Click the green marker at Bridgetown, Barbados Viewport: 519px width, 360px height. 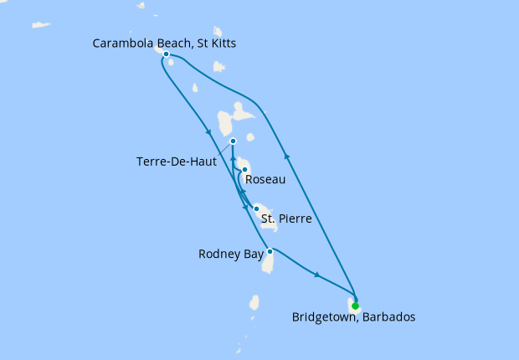point(356,306)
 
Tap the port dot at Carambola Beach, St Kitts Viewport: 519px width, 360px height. point(167,54)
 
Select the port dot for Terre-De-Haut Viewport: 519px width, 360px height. point(233,141)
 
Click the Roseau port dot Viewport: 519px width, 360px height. point(244,171)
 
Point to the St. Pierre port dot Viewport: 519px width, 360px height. point(256,208)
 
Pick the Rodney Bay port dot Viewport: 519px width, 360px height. point(270,251)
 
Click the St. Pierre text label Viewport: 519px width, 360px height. point(287,219)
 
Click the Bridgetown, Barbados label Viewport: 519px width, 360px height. point(353,317)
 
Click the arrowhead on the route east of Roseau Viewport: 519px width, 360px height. point(287,156)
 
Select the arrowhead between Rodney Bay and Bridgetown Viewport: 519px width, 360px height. point(316,274)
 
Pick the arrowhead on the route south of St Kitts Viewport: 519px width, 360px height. point(207,131)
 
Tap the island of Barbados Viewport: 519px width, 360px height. point(355,299)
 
